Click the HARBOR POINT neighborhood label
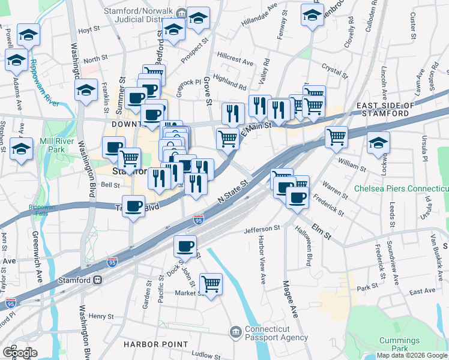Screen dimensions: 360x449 pyautogui.click(x=148, y=344)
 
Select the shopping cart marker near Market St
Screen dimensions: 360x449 pyautogui.click(x=211, y=284)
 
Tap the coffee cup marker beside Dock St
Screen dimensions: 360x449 pyautogui.click(x=185, y=246)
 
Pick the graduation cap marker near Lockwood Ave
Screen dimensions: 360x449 pyautogui.click(x=379, y=143)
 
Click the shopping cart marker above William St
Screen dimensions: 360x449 pyautogui.click(x=337, y=137)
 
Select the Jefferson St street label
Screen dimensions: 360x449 pyautogui.click(x=262, y=229)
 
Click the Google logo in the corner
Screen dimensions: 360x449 pyautogui.click(x=20, y=353)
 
